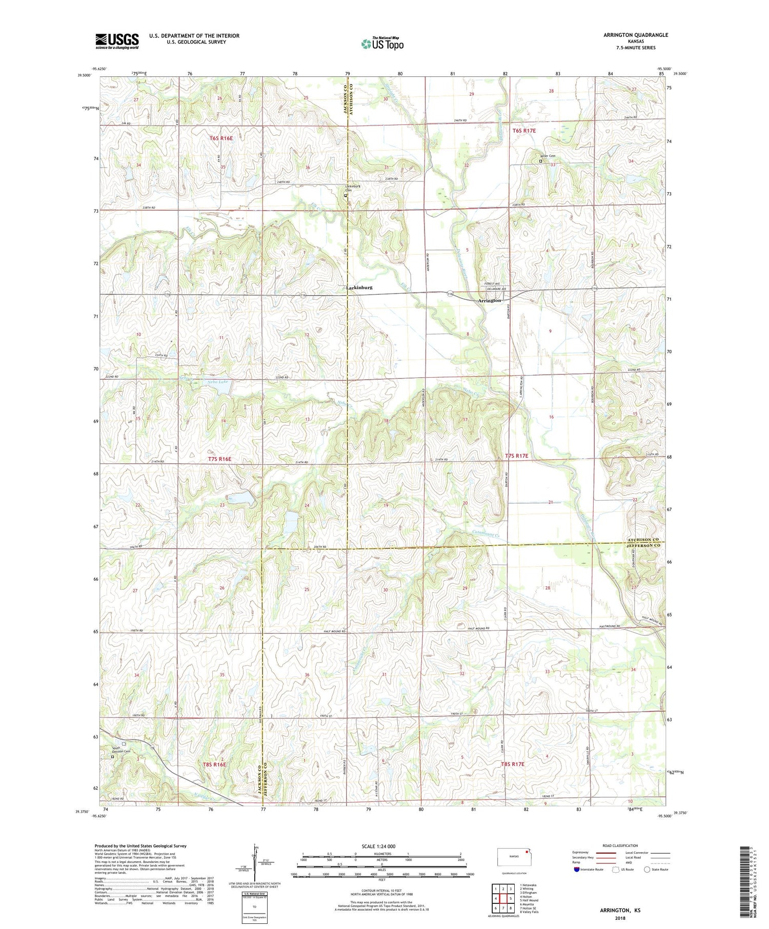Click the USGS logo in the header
pyautogui.click(x=117, y=41)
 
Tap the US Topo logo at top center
pyautogui.click(x=382, y=44)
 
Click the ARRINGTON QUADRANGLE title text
pyautogui.click(x=635, y=35)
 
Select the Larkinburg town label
pyautogui.click(x=359, y=288)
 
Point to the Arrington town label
pyautogui.click(x=489, y=301)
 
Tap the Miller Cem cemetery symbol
pyautogui.click(x=540, y=161)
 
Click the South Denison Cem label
pyautogui.click(x=122, y=750)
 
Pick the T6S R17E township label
pyautogui.click(x=524, y=131)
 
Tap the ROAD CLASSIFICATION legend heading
pyautogui.click(x=620, y=845)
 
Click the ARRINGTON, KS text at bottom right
pyautogui.click(x=620, y=911)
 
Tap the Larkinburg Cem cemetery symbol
pyautogui.click(x=346, y=195)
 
